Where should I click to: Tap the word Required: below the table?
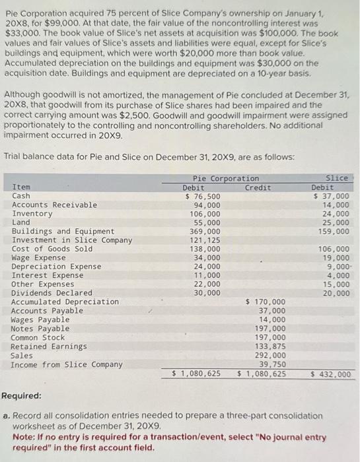coord(21,396)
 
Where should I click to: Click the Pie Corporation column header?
coord(226,178)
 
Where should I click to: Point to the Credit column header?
coord(258,187)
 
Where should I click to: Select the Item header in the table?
coord(21,187)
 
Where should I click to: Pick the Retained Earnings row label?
coord(49,346)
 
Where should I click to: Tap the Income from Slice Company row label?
coord(67,364)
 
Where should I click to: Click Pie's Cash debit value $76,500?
coord(203,196)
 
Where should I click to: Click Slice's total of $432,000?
coord(330,374)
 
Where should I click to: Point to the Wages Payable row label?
coord(40,320)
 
